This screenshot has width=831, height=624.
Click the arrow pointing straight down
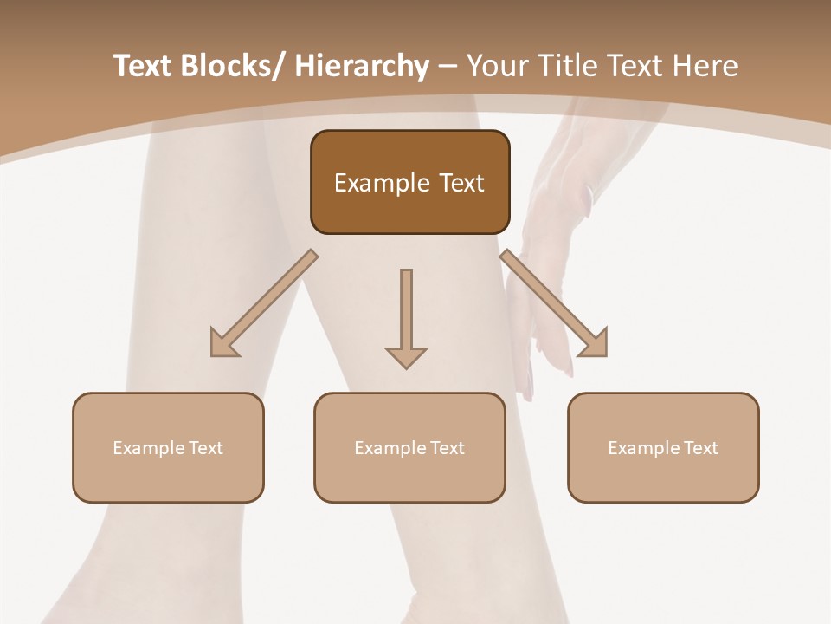[x=406, y=317]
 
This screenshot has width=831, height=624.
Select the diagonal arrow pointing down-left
[x=263, y=303]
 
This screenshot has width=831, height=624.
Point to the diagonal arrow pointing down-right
[x=554, y=303]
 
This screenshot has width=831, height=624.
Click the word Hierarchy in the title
[x=362, y=66]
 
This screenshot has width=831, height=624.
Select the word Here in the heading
[x=706, y=66]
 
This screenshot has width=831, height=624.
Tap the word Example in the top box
[x=382, y=184]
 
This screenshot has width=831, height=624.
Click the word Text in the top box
[x=461, y=184]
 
